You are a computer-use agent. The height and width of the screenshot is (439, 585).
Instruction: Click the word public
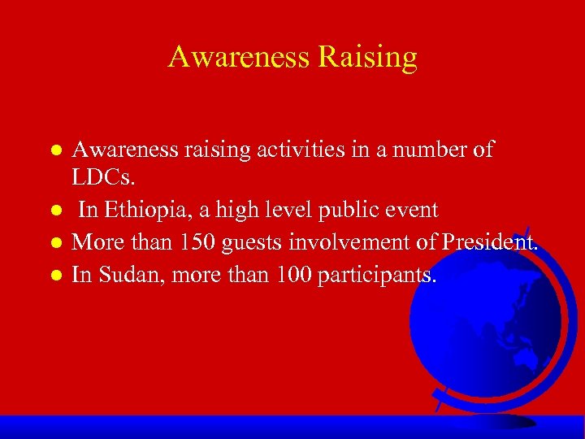pyautogui.click(x=331, y=211)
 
